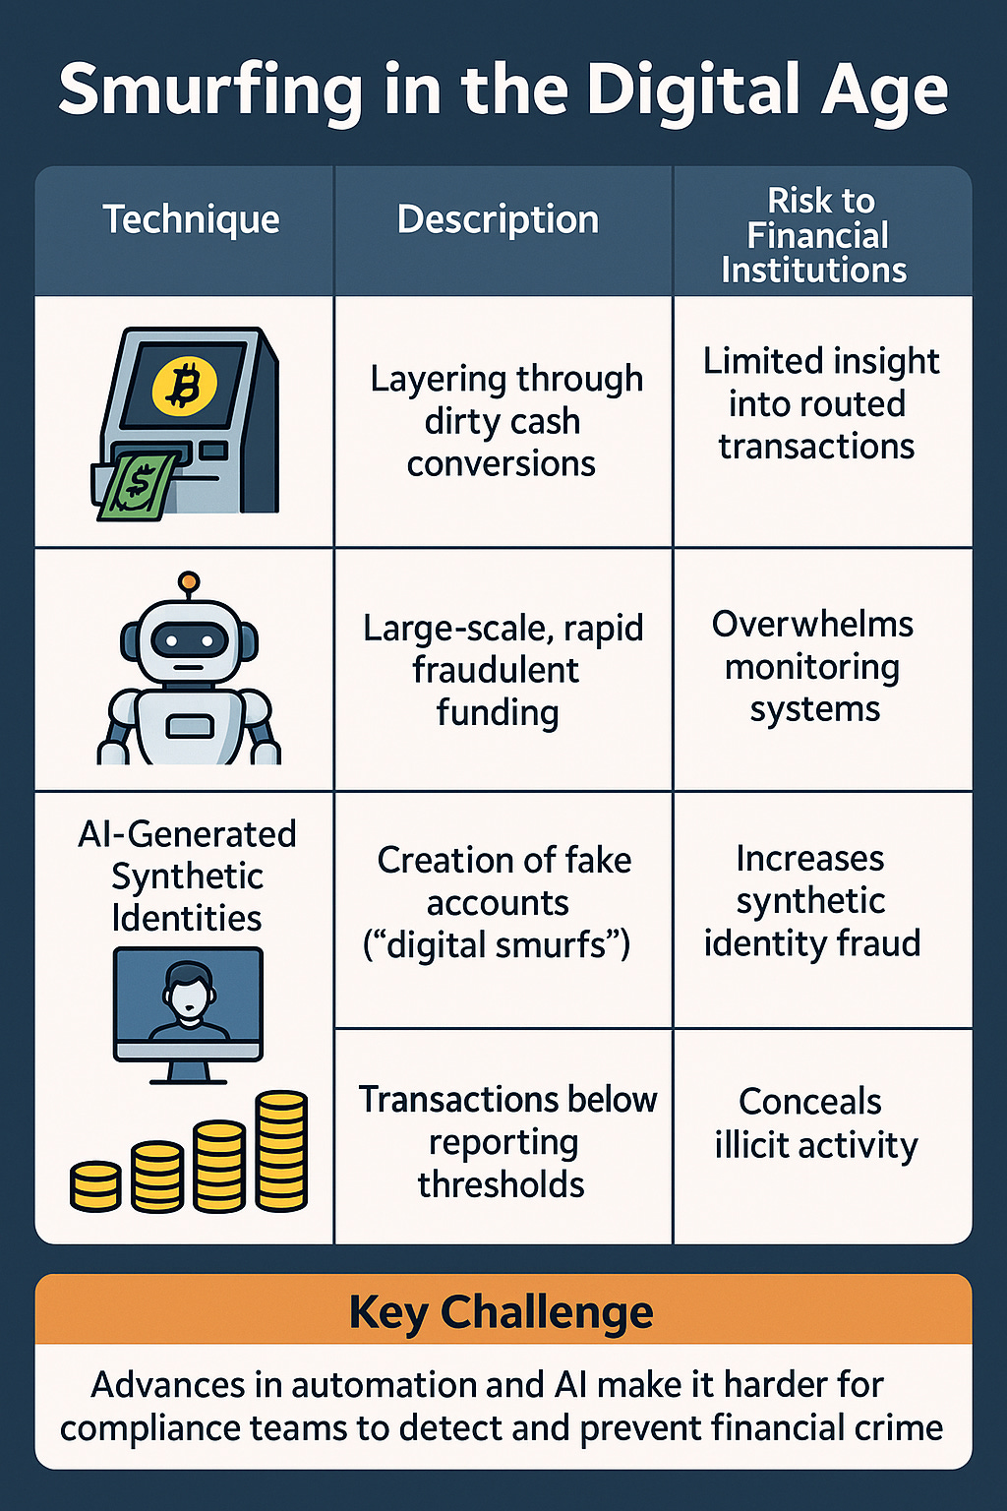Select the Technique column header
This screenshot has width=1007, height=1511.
coord(191,219)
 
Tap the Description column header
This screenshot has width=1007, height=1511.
coord(498,219)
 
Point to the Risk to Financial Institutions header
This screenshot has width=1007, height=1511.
coord(816,235)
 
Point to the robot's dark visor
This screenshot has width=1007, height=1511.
coord(188,641)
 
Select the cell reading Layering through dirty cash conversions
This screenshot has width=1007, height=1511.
coord(503,421)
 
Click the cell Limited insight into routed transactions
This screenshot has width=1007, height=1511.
coord(819,403)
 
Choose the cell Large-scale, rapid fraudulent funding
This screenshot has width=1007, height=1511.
coord(501,670)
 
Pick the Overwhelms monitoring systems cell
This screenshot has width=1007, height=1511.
coord(813,667)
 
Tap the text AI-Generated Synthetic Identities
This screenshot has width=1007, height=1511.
coord(187,876)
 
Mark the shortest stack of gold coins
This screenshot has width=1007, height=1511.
coord(95,1184)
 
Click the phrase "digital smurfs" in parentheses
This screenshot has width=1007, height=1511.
coord(497,945)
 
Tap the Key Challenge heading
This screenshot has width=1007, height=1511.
coord(502,1311)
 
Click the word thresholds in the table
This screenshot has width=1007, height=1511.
coord(501,1185)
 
